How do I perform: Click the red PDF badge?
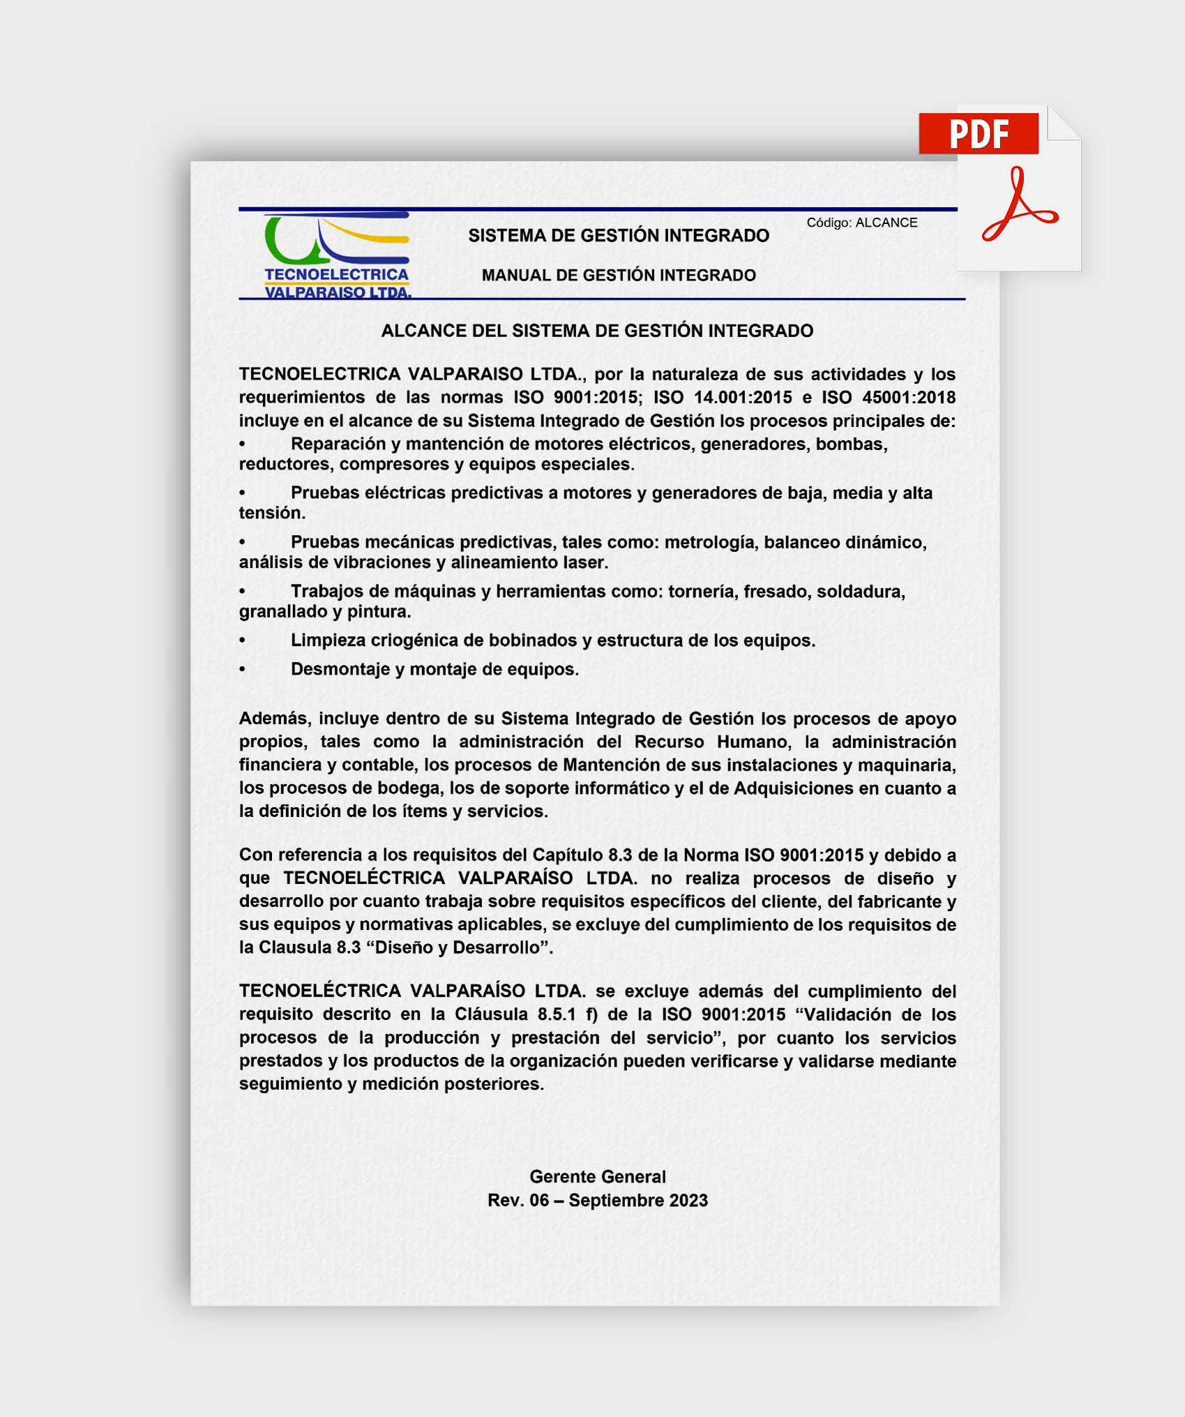(x=978, y=133)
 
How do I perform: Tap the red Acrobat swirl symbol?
(x=1019, y=205)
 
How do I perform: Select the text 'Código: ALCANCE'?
(x=861, y=223)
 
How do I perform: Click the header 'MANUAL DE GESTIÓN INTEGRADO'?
(x=619, y=275)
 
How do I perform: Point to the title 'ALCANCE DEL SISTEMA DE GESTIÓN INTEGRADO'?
(x=597, y=331)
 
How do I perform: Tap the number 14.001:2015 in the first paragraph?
(x=743, y=397)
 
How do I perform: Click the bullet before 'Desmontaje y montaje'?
(x=243, y=669)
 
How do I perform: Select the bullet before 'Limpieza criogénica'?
(x=243, y=640)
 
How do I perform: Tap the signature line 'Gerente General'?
(x=598, y=1177)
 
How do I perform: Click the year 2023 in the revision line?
(x=688, y=1201)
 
